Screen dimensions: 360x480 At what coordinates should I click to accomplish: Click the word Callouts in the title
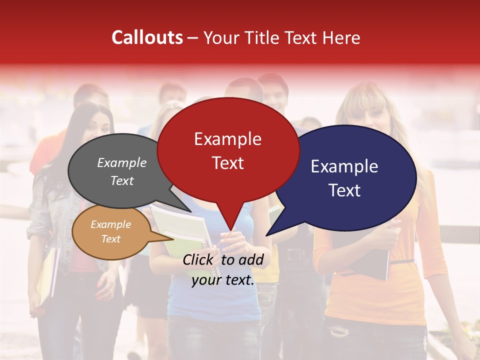147,37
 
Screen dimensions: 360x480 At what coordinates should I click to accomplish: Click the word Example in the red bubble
227,139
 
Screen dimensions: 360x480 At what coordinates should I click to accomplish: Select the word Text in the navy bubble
344,190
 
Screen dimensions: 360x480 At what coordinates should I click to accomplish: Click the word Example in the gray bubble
122,162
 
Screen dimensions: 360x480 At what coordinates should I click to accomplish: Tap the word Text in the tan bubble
111,239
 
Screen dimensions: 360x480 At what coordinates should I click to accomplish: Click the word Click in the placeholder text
199,259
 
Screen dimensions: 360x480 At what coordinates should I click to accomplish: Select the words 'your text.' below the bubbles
223,280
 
